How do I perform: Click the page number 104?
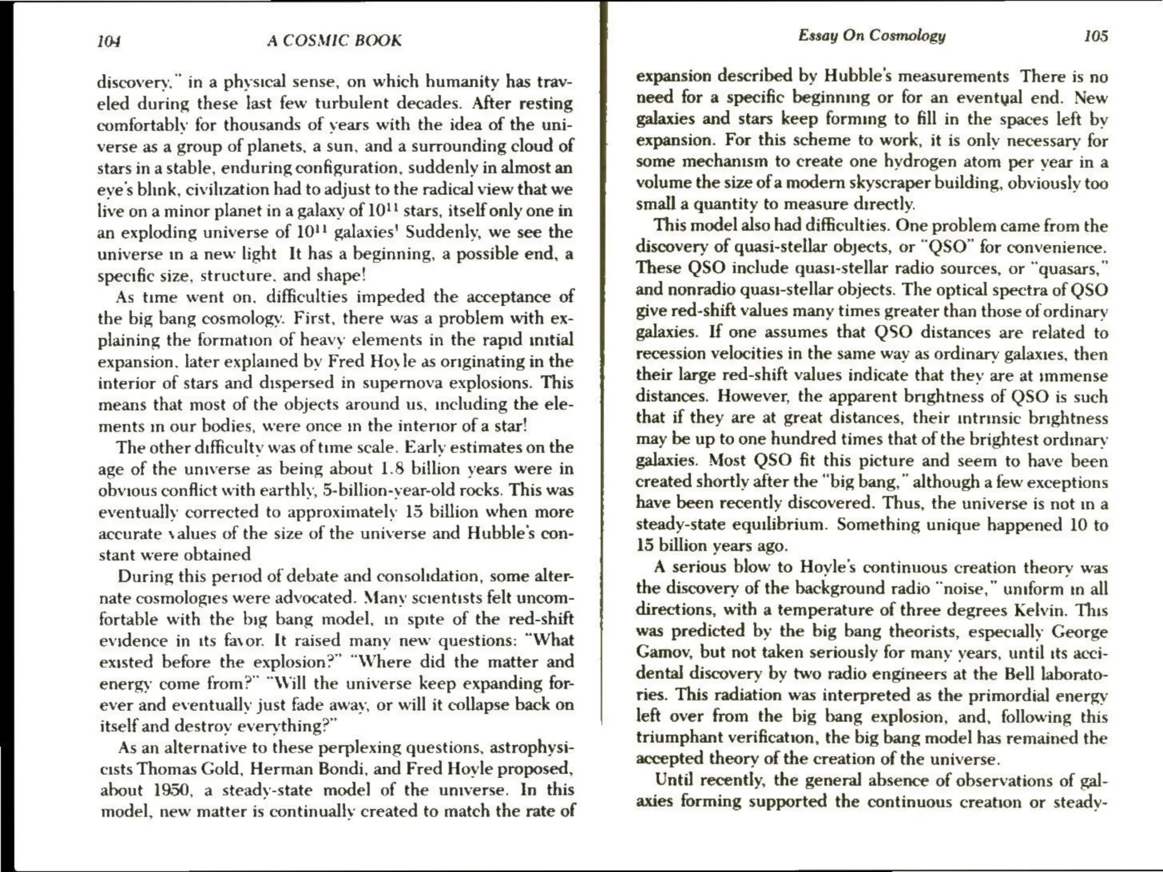click(x=109, y=41)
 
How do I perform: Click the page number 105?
click(x=1095, y=36)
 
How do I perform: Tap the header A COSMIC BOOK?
click(x=334, y=41)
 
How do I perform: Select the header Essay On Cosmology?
click(x=872, y=36)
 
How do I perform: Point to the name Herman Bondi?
click(x=308, y=769)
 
